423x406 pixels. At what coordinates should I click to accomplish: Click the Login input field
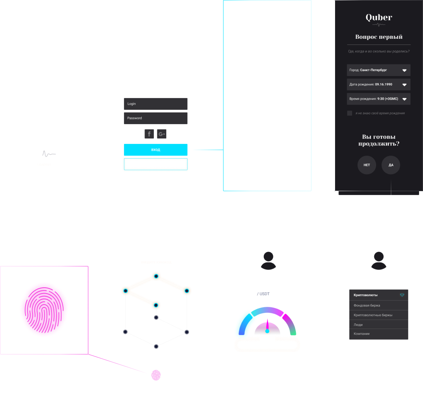(155, 104)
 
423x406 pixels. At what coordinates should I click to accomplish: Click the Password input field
(155, 118)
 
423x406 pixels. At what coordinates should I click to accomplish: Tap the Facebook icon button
(149, 134)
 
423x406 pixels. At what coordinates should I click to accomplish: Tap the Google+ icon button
(162, 134)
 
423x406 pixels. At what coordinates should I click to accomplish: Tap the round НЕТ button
(366, 165)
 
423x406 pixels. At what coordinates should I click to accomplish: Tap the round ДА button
(391, 165)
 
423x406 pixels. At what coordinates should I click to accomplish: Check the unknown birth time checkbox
(350, 113)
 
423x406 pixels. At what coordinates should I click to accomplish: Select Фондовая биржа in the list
(378, 306)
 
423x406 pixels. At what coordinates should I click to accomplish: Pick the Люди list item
(378, 325)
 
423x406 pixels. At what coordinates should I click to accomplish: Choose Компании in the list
(378, 334)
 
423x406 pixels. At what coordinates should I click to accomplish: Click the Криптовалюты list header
(378, 295)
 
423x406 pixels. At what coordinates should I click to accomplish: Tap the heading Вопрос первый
(378, 37)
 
